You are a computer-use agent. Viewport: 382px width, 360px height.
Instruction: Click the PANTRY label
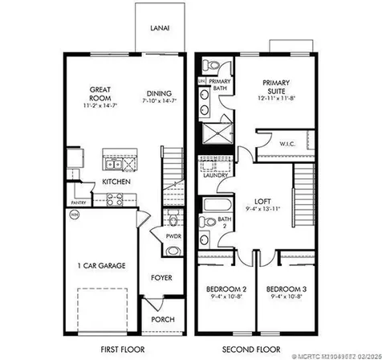[78, 202]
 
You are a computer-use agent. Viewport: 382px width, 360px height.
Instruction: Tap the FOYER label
[164, 279]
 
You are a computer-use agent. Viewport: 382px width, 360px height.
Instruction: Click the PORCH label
[164, 320]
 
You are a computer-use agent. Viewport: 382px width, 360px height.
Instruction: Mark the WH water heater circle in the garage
[75, 215]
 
